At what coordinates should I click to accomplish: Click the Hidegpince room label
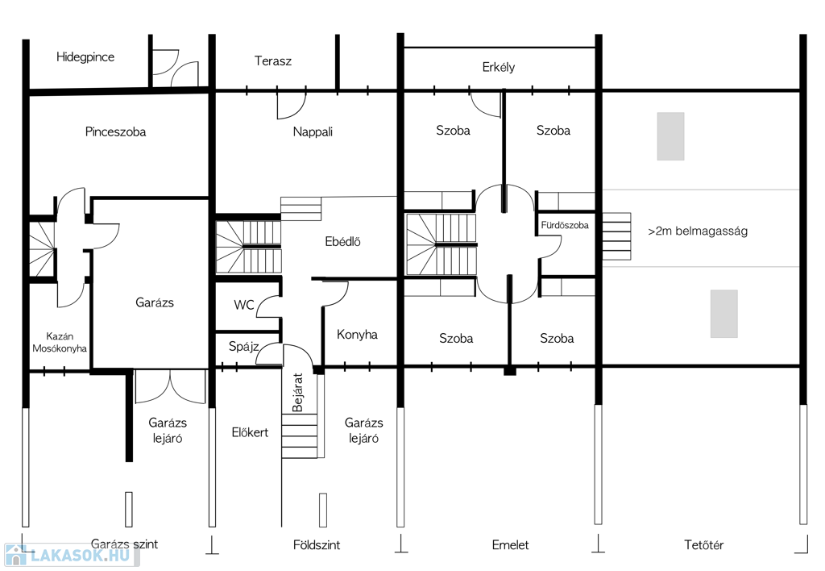(85, 57)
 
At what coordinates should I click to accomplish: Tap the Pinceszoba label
(115, 131)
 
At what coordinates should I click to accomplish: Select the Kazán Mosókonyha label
(60, 342)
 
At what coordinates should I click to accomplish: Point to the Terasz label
(272, 61)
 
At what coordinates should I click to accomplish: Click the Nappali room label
(313, 131)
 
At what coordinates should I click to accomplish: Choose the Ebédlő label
(342, 242)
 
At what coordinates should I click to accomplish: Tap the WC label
(243, 305)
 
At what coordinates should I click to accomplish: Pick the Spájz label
(243, 347)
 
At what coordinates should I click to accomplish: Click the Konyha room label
(357, 335)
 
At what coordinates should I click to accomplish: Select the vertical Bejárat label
(297, 393)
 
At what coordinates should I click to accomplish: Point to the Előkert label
(250, 432)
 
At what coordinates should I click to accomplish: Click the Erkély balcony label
(498, 68)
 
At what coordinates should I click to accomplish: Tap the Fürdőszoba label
(565, 226)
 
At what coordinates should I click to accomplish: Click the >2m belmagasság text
(698, 231)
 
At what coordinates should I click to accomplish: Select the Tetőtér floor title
(703, 544)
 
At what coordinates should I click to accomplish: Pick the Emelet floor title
(510, 544)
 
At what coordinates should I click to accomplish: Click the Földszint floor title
(316, 544)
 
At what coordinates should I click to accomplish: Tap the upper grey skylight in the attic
(671, 136)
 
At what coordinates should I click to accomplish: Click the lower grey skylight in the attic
(724, 314)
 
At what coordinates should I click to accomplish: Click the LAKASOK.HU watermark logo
(68, 555)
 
